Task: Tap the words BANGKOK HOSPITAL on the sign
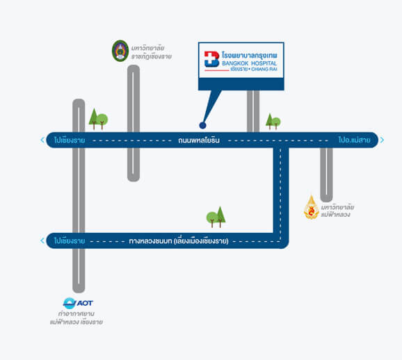pos(250,63)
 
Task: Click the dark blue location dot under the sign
pos(202,125)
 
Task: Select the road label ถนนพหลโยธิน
pos(199,140)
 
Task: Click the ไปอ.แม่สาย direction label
pos(355,140)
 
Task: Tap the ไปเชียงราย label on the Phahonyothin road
pos(70,140)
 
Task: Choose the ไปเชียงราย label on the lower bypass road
pos(70,241)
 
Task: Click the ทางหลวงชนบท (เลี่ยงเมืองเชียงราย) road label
pos(179,241)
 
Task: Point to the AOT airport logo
pos(78,303)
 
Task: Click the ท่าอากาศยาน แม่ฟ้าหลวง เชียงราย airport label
pos(77,318)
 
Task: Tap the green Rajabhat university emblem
pos(120,51)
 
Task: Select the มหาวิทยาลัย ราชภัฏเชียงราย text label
pos(151,52)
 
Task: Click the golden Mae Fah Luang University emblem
pos(312,207)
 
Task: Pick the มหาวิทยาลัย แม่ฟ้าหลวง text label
pos(337,211)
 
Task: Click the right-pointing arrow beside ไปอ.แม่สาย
pos(382,140)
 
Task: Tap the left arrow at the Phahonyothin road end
pos(42,140)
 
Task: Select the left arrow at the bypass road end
pos(42,240)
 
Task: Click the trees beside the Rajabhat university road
pos(98,119)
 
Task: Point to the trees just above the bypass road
pos(216,217)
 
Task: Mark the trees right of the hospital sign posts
pos(273,122)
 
